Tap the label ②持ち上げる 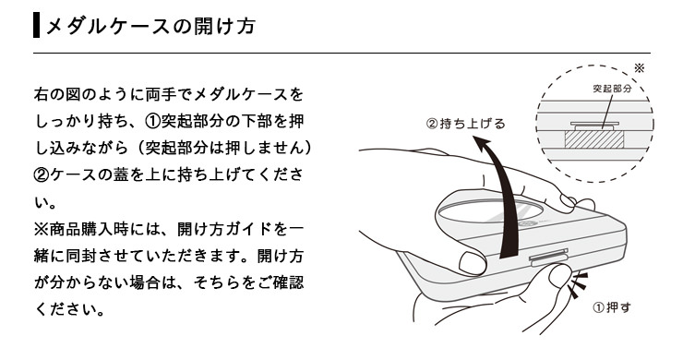pyautogui.click(x=465, y=123)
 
